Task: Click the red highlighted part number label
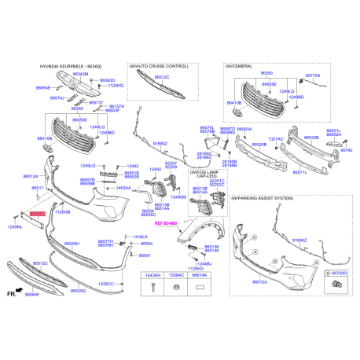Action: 38,214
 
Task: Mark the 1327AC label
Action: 276,139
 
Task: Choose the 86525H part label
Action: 72,244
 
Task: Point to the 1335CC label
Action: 105,283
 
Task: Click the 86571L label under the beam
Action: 299,171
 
